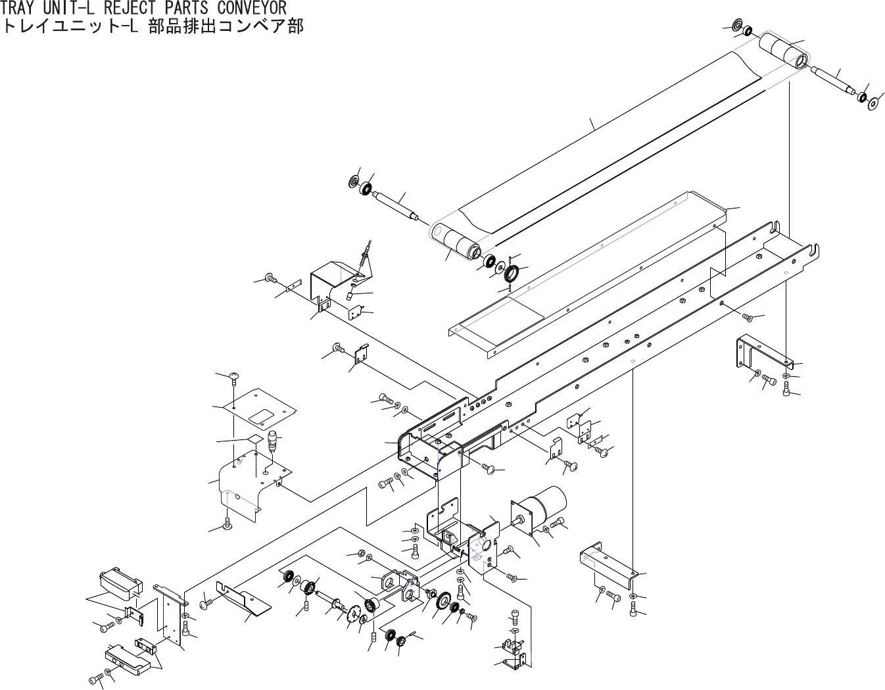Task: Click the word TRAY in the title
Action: tap(19, 8)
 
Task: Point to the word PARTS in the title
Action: tap(186, 8)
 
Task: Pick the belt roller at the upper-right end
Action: tap(782, 53)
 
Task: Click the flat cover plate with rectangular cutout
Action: tap(260, 412)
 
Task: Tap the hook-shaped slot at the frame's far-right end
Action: tap(815, 249)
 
